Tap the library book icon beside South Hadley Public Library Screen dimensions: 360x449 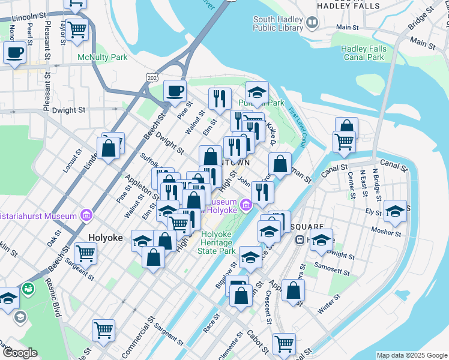pyautogui.click(x=312, y=23)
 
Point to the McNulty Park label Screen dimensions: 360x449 pyautogui.click(x=103, y=58)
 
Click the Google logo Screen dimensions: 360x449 pyautogui.click(x=20, y=353)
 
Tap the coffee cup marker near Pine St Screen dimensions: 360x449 pyautogui.click(x=175, y=91)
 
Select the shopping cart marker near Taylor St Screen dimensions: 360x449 pyautogui.click(x=77, y=29)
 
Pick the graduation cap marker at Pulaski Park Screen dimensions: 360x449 pyautogui.click(x=257, y=92)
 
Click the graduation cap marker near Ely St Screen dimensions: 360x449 pyautogui.click(x=395, y=211)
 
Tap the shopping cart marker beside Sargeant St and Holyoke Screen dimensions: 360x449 pyautogui.click(x=86, y=254)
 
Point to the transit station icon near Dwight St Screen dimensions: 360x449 pyautogui.click(x=300, y=239)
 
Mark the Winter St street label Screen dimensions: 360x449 pyautogui.click(x=330, y=307)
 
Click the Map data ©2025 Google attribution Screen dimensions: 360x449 pyautogui.click(x=412, y=355)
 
